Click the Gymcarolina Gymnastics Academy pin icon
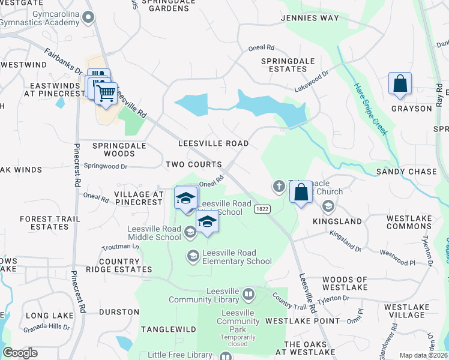pyautogui.click(x=89, y=17)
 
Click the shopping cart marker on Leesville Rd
pyautogui.click(x=106, y=94)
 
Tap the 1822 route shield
pyautogui.click(x=261, y=208)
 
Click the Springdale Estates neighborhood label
pyautogui.click(x=284, y=65)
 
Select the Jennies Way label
pyautogui.click(x=310, y=18)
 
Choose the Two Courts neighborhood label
pyautogui.click(x=193, y=164)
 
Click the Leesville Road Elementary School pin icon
pyautogui.click(x=193, y=256)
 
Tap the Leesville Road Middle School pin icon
pyautogui.click(x=190, y=232)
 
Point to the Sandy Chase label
pyautogui.click(x=406, y=172)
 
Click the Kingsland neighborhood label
pyautogui.click(x=337, y=221)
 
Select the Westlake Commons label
pyautogui.click(x=409, y=222)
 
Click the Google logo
pyautogui.click(x=20, y=353)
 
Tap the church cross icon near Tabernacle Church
pyautogui.click(x=279, y=186)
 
